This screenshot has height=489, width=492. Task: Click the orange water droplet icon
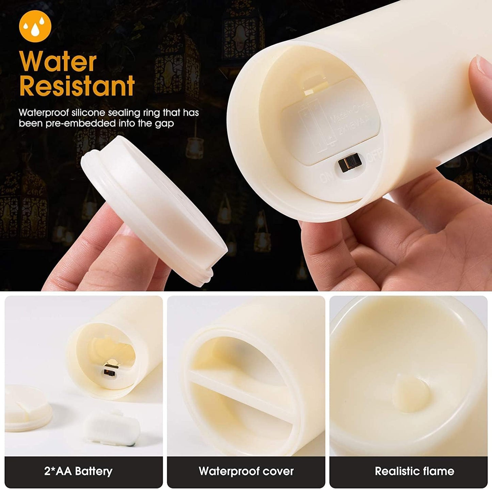click(35, 26)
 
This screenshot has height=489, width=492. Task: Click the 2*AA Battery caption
click(78, 471)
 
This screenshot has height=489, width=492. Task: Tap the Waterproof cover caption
click(246, 471)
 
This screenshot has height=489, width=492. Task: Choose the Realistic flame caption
click(414, 471)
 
